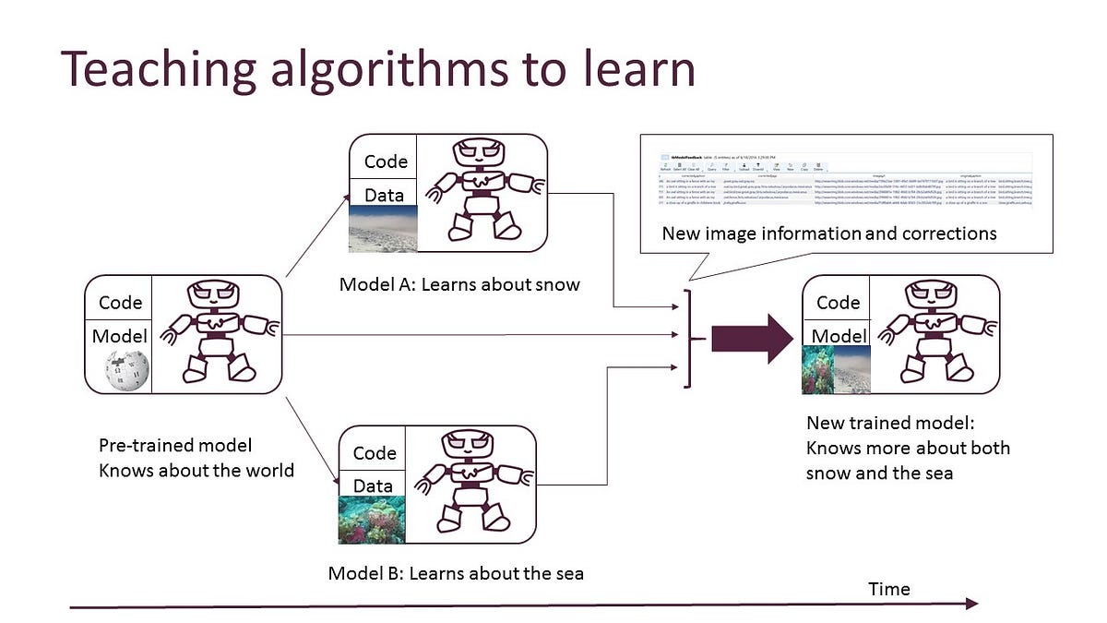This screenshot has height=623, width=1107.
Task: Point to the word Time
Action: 888,589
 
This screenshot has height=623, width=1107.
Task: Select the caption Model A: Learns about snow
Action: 459,284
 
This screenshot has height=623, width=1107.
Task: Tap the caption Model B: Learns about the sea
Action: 456,574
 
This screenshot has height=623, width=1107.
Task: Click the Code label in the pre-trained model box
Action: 120,303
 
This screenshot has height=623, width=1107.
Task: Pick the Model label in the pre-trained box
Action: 120,336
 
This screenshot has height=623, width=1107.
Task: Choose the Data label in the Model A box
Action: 384,195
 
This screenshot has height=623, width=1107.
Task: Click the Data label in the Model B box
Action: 373,485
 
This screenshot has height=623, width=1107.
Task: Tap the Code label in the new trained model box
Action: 838,303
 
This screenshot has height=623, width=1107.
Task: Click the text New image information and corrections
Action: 828,234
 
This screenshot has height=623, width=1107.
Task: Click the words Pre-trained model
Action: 175,446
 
